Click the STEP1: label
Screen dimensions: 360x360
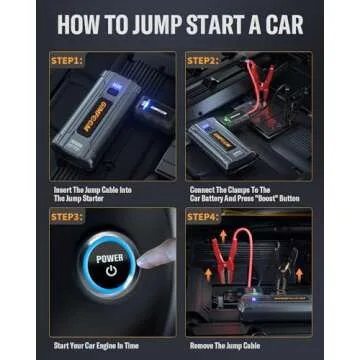pos(68,61)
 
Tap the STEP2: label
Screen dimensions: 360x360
pos(204,61)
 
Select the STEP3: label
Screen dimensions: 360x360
pos(68,216)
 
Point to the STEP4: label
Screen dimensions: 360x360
pos(204,216)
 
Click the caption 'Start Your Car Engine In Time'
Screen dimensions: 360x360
pos(97,347)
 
